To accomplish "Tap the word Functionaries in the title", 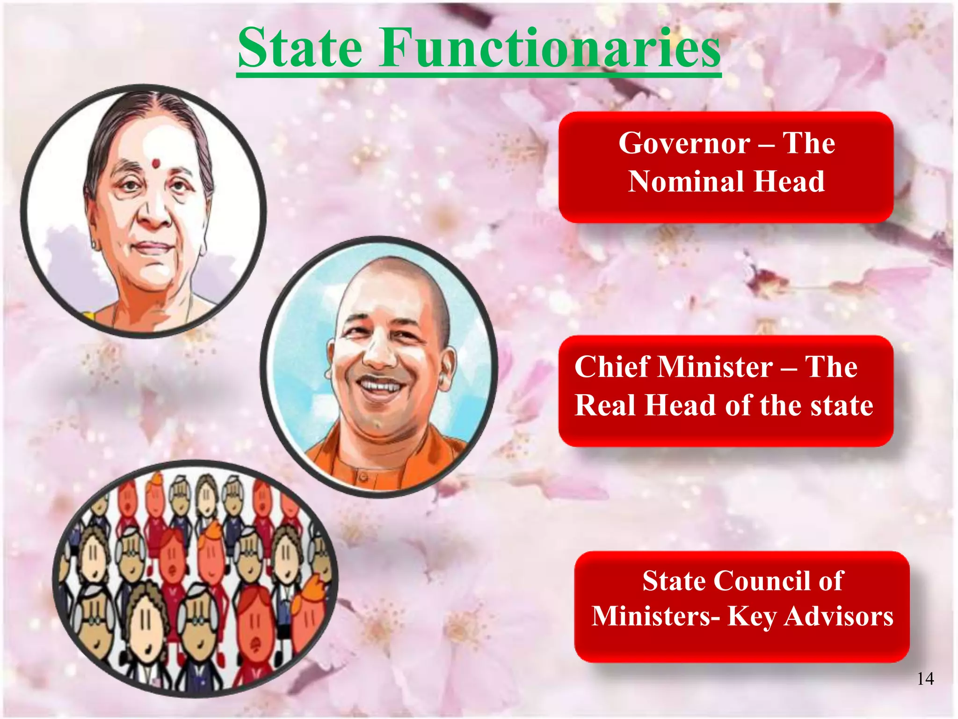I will pyautogui.click(x=550, y=48).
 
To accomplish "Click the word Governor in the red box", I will pyautogui.click(x=684, y=143).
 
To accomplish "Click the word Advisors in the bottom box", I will pyautogui.click(x=839, y=616).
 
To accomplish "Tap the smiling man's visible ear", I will pyautogui.click(x=447, y=370).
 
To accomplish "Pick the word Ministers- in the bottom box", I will pyautogui.click(x=656, y=616).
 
